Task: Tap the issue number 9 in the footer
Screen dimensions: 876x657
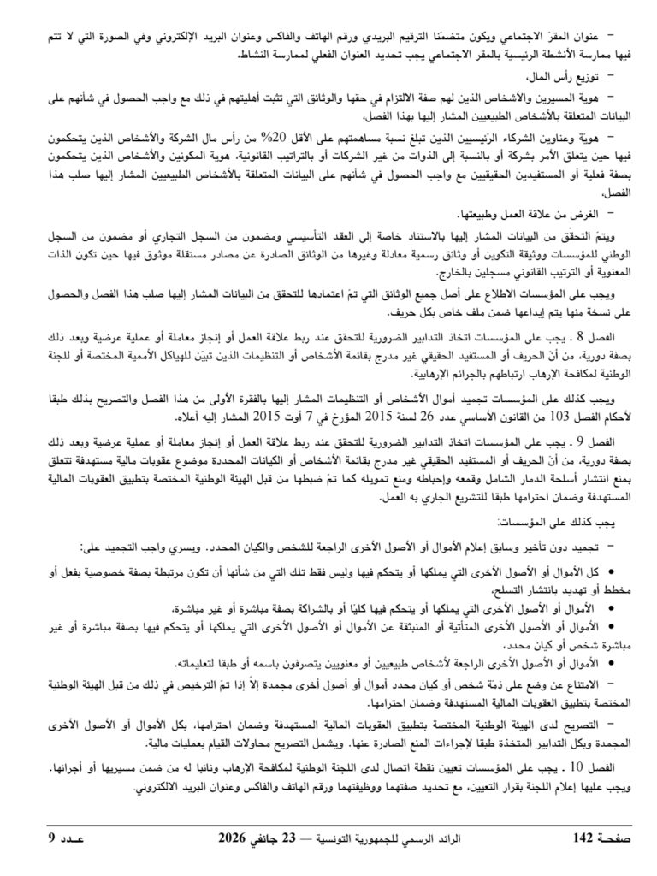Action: pos(50,837)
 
